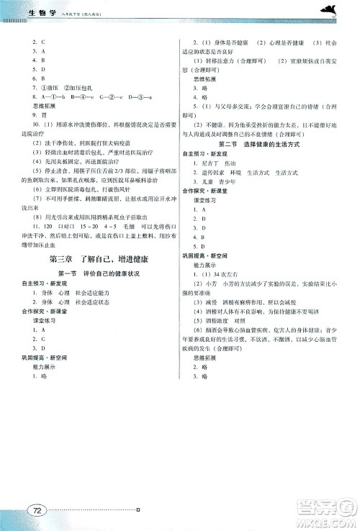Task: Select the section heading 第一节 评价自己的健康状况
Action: pos(94,274)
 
